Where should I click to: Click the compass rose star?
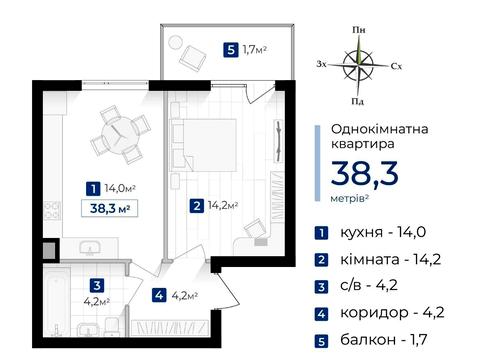point(357,66)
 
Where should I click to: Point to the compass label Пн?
point(357,33)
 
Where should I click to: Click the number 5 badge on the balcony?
point(232,48)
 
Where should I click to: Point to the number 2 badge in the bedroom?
point(198,207)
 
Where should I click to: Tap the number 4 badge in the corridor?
point(160,295)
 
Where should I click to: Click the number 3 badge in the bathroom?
point(95,283)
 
